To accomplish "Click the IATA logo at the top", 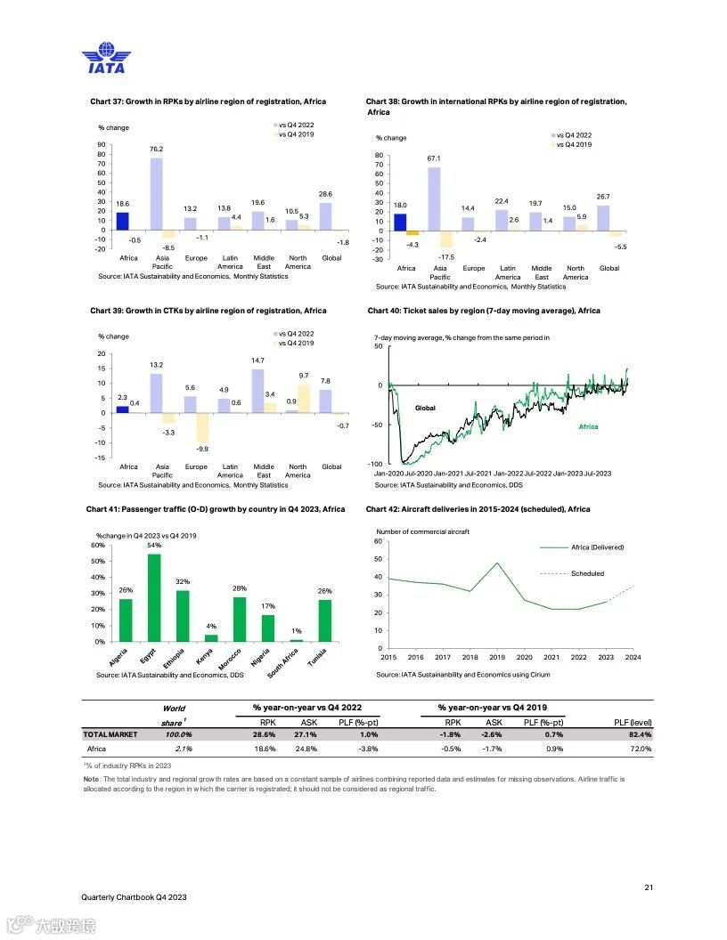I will [x=105, y=58].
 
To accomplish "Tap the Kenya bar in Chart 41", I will [x=211, y=637].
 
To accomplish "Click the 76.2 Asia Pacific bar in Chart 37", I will [x=156, y=194].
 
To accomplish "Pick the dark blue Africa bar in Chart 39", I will [x=123, y=409].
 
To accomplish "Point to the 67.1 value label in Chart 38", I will [x=435, y=158].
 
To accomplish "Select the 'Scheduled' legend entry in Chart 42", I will [x=587, y=574].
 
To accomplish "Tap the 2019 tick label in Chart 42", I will [x=497, y=657].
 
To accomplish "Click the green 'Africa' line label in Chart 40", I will [x=588, y=426].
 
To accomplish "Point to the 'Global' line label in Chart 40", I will [x=425, y=408].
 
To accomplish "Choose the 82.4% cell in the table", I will [x=638, y=735].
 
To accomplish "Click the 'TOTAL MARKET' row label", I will [x=110, y=735].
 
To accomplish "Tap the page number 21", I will [x=648, y=887].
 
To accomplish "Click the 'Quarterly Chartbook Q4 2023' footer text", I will [x=134, y=897].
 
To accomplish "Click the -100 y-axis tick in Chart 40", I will [x=376, y=464].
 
